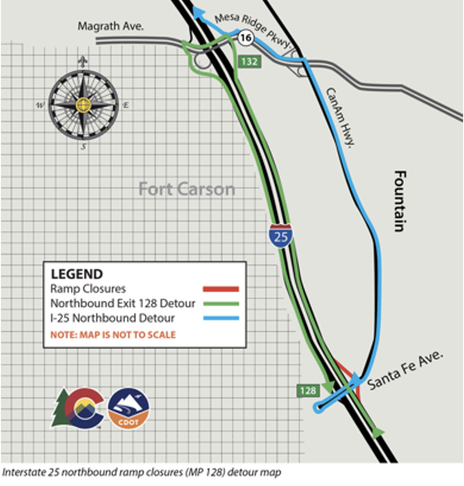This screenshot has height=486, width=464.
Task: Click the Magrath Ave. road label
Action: coord(111,27)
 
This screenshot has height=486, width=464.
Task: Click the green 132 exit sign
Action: coord(248,61)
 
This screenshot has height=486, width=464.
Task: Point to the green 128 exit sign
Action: coord(307,390)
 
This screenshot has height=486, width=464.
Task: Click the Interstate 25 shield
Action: coord(281,236)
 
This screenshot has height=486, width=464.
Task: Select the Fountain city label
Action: coord(399,201)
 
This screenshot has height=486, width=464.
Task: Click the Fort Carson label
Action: coord(187,190)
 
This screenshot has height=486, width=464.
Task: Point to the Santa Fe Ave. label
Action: coord(405,370)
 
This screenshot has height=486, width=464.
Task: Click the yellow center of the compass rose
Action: coord(83,104)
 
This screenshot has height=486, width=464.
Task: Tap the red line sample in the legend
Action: coord(221,289)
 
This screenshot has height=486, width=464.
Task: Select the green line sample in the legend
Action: coord(221,304)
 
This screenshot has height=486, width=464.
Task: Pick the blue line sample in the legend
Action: coord(221,318)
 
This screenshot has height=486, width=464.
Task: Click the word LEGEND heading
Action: coord(76,274)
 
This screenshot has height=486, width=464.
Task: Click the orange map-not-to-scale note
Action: coord(113,335)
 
